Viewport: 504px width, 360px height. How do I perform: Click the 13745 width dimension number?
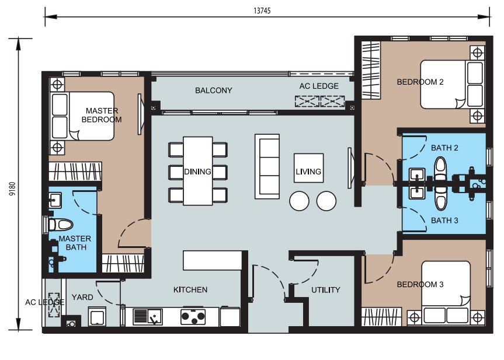(262, 11)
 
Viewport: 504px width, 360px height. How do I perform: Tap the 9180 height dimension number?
(12, 189)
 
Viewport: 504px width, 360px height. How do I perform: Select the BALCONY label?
(213, 90)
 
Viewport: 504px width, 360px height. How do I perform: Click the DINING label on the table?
(197, 172)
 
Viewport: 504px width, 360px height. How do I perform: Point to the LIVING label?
(308, 172)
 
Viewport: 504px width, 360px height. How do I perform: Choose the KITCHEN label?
(190, 289)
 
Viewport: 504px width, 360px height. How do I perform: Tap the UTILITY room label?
(326, 290)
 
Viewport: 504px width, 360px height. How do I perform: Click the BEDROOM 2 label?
(420, 82)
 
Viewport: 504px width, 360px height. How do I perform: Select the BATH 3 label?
(444, 221)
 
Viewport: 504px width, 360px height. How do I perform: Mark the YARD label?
(82, 297)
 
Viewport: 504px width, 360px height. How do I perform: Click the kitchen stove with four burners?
(193, 317)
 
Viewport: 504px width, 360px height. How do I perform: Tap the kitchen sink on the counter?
(148, 317)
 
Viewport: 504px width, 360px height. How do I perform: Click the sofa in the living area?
(267, 166)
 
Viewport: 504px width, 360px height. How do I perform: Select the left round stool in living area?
(299, 201)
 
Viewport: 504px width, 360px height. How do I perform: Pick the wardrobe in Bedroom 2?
(371, 69)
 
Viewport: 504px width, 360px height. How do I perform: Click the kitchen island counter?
(213, 260)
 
